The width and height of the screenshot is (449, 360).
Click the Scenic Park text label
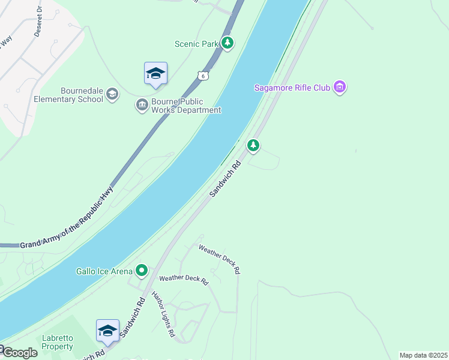[196, 44]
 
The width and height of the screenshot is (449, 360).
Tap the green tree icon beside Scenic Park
[227, 43]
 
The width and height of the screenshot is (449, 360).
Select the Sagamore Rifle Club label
[292, 88]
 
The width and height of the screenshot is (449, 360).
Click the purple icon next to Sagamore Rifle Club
[340, 88]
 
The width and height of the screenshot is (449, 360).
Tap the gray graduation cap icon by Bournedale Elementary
[112, 94]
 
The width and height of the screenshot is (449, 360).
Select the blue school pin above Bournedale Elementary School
[155, 74]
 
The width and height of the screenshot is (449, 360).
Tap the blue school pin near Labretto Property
[107, 331]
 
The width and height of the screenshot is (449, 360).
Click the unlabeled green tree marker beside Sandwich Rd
[253, 145]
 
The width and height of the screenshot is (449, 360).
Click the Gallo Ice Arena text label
[104, 271]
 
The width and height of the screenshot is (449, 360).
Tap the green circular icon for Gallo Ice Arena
[142, 271]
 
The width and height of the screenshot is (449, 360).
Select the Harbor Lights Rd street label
[163, 313]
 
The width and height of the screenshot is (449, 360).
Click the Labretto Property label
[58, 342]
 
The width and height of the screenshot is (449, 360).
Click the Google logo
[20, 353]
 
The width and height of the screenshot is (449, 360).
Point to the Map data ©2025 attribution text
[424, 355]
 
